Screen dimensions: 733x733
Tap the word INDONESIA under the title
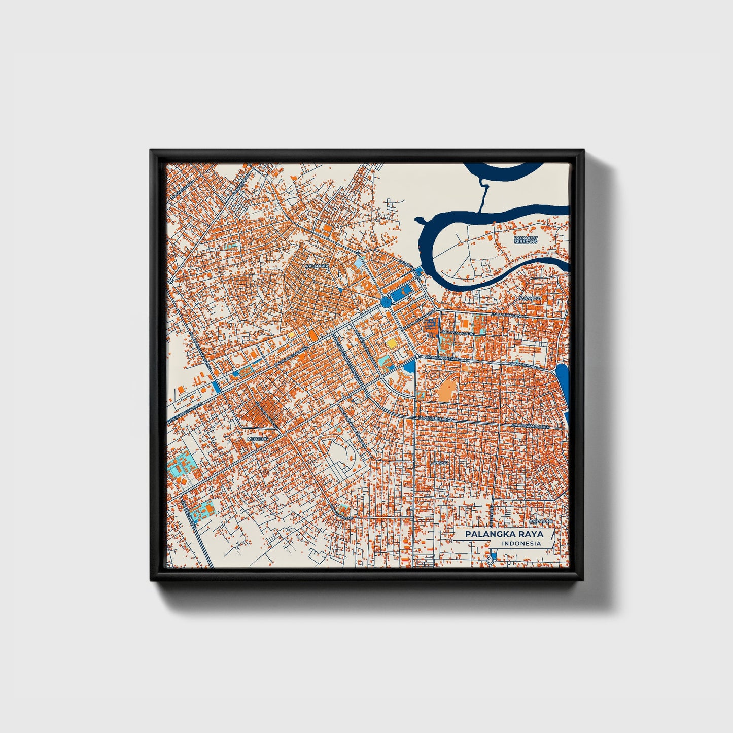521,544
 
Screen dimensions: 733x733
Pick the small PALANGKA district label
317,265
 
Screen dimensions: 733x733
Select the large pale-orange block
447,390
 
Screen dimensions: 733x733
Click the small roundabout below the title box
490,560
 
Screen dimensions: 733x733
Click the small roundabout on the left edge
171,281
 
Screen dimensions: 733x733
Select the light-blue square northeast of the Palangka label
360,264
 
